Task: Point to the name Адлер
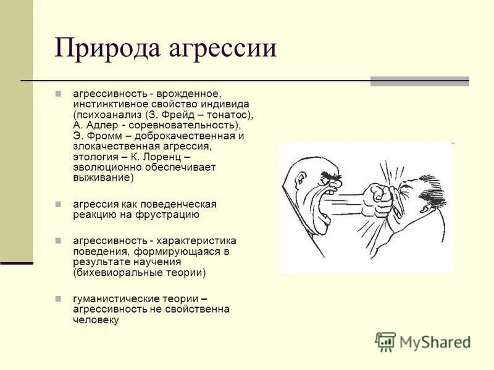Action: point(101,125)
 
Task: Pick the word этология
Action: point(96,157)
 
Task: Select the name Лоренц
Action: point(190,157)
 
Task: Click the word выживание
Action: point(101,178)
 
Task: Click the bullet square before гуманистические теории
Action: point(58,298)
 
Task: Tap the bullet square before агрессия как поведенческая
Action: point(58,203)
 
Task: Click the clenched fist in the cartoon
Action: point(377,197)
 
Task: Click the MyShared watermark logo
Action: point(424,342)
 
